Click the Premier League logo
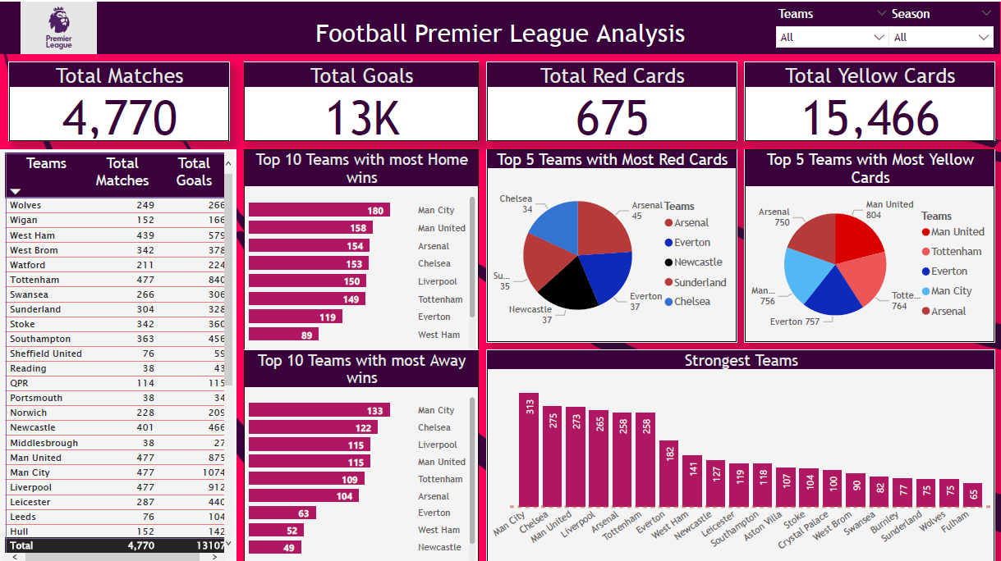[58, 28]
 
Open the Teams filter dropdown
[831, 37]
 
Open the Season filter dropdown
[942, 37]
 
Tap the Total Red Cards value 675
[612, 116]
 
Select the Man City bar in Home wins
[319, 211]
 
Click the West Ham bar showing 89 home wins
[283, 335]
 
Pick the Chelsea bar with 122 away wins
[313, 427]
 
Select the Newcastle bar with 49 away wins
[275, 547]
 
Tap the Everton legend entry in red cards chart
[691, 243]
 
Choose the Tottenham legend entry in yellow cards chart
[956, 252]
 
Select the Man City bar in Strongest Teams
[529, 450]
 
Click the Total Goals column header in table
[194, 171]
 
